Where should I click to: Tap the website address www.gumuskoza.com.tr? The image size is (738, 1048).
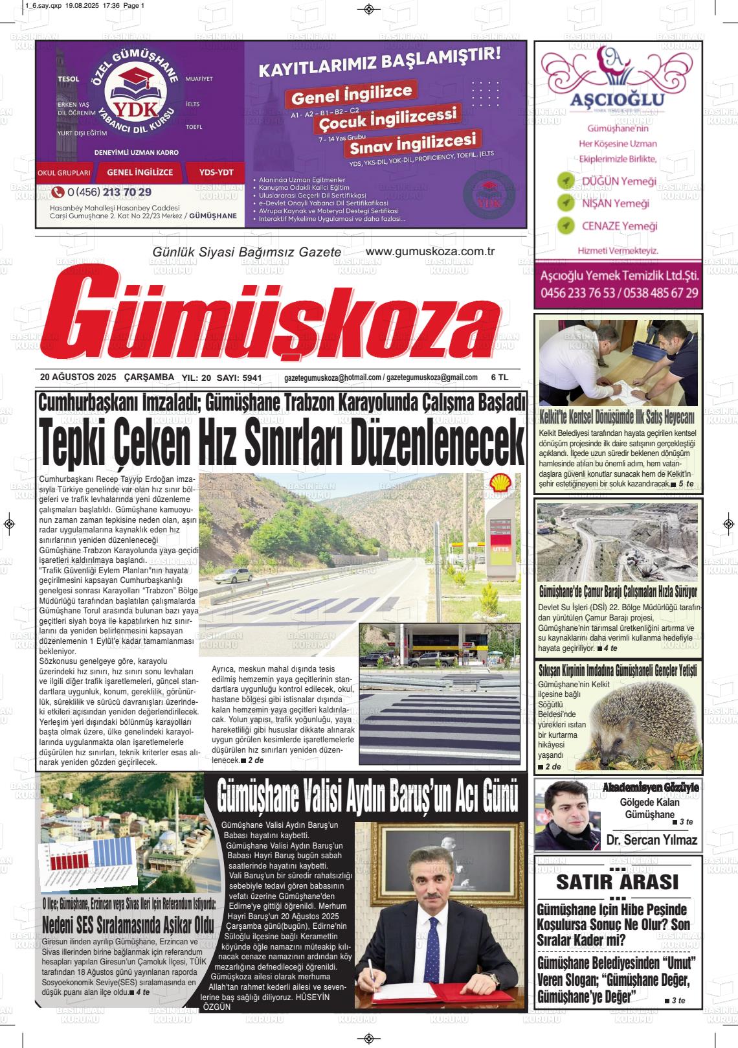pyautogui.click(x=430, y=251)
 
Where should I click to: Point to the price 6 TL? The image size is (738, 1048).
pyautogui.click(x=500, y=377)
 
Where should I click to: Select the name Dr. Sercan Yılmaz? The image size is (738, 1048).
pyautogui.click(x=652, y=840)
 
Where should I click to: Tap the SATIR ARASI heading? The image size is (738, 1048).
pyautogui.click(x=617, y=882)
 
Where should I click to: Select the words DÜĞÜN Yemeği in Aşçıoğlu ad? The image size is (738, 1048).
pyautogui.click(x=619, y=181)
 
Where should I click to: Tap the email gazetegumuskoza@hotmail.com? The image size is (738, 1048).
pyautogui.click(x=333, y=378)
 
